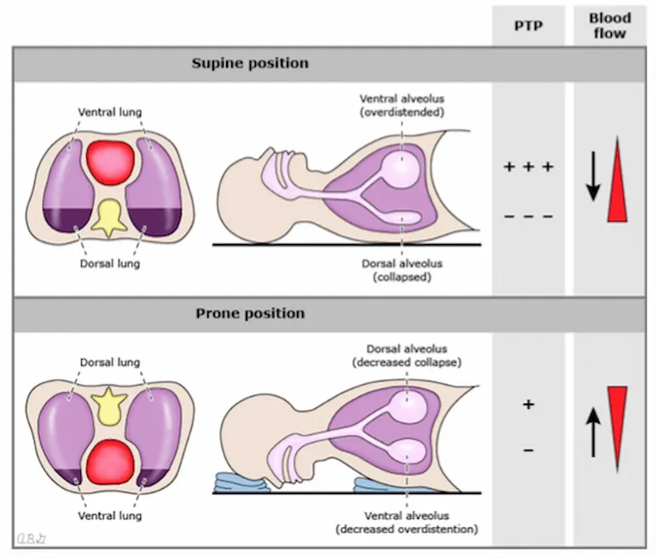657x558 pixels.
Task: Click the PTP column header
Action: point(527,26)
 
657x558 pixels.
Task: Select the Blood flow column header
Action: point(609,26)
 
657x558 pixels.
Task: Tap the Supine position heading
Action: point(250,64)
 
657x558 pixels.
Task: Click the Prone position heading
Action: point(250,314)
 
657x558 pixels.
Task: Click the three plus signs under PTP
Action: point(528,166)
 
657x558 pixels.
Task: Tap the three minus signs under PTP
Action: point(528,217)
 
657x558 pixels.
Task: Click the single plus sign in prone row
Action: point(528,404)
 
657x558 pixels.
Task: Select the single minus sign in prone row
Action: point(528,449)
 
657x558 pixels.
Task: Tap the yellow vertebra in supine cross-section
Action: point(113,218)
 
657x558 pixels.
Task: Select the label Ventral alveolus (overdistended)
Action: point(402,105)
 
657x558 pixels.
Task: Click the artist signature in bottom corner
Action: point(32,537)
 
